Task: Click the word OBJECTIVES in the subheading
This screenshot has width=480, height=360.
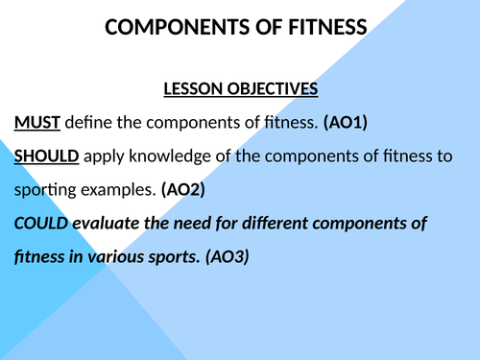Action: click(x=272, y=89)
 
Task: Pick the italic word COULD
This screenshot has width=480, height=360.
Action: click(x=40, y=224)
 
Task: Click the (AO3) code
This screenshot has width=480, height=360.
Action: click(x=227, y=257)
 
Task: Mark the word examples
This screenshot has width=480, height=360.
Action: click(x=113, y=190)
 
